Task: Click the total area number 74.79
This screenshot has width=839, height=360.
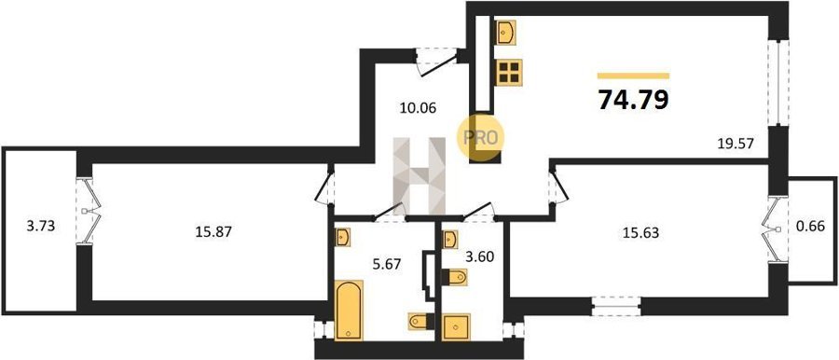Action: point(633,99)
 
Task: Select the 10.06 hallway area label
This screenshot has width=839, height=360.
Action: point(418,108)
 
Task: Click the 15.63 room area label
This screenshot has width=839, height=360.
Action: point(640,232)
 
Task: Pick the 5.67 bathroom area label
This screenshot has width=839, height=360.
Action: point(385,264)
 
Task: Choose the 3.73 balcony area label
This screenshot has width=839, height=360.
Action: point(41,226)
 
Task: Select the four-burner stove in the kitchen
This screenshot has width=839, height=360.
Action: point(508,73)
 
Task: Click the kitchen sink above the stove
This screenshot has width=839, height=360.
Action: point(505,32)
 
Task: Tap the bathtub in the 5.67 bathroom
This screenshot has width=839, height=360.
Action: point(349,310)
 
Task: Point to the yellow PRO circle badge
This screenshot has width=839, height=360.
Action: point(480,138)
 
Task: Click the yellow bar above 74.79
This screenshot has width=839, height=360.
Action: point(634,76)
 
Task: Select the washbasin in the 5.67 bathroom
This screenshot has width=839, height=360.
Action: point(342,237)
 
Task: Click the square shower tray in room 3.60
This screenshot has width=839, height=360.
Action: point(456,326)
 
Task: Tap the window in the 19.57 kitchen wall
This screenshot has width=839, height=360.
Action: point(778,82)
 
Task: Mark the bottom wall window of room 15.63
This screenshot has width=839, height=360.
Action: point(616,306)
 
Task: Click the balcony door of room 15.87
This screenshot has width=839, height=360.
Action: point(86,211)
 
